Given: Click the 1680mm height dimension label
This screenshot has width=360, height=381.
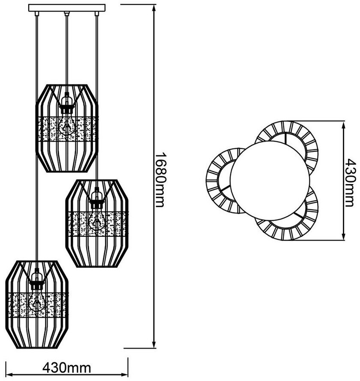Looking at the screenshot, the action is pyautogui.click(x=160, y=180).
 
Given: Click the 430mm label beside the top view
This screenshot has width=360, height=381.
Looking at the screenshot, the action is pyautogui.click(x=350, y=183).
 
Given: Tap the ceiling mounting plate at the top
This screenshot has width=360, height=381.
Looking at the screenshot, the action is pyautogui.click(x=67, y=8).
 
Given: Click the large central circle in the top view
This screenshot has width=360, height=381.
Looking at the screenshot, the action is pyautogui.click(x=270, y=181).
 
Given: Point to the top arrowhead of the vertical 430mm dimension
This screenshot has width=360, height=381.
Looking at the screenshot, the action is pyautogui.click(x=343, y=125).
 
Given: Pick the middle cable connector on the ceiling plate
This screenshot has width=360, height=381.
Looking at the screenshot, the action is pyautogui.click(x=66, y=14).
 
